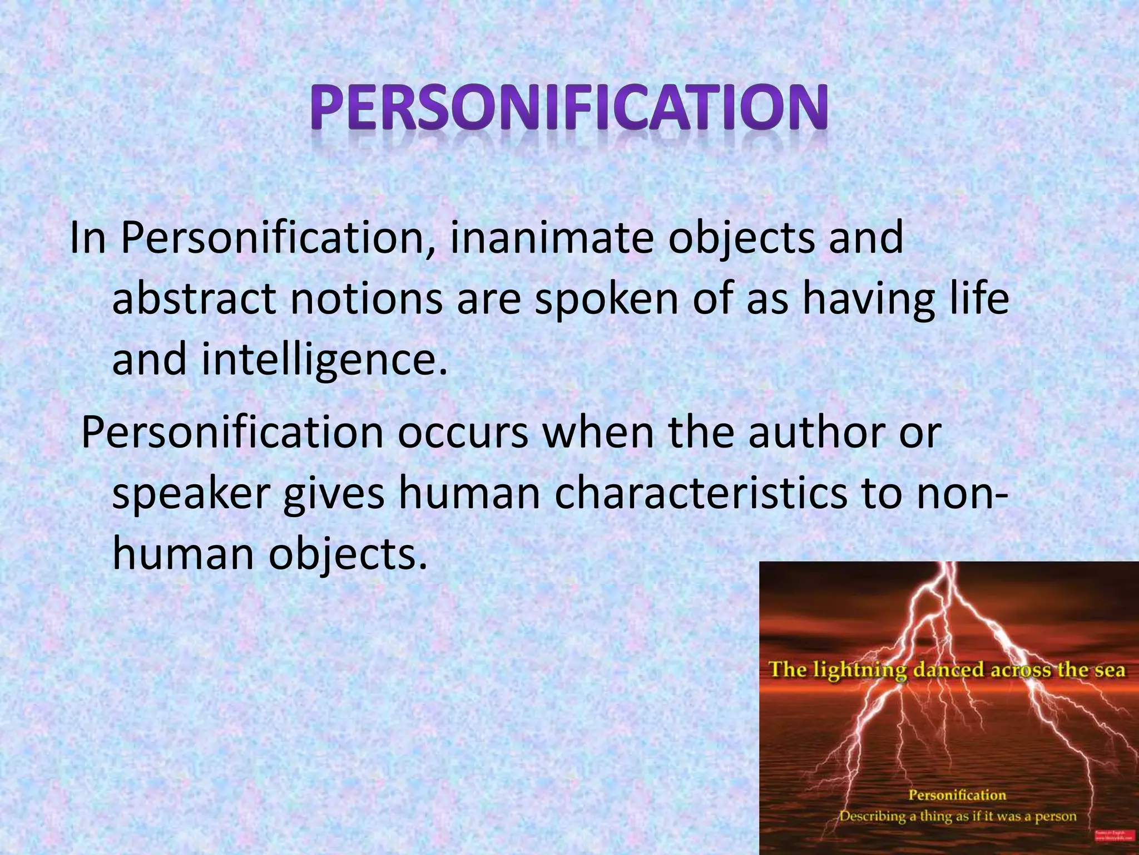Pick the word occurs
(462, 433)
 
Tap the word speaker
(191, 495)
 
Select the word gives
(333, 495)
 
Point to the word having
(863, 299)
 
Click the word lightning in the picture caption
(860, 670)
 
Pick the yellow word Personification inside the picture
(957, 795)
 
